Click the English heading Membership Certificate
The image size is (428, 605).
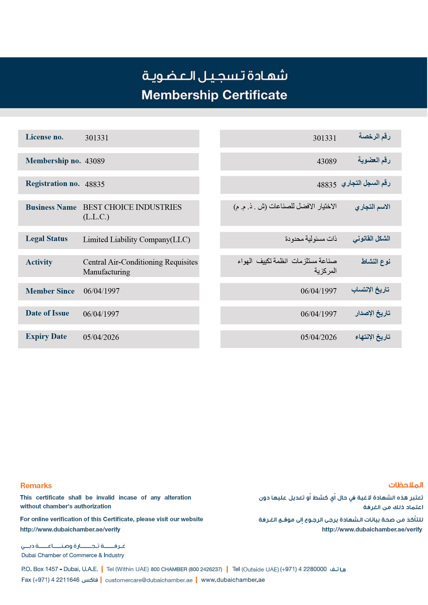pyautogui.click(x=214, y=95)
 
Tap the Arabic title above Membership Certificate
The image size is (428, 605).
pyautogui.click(x=215, y=76)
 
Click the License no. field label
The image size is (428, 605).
pyautogui.click(x=44, y=137)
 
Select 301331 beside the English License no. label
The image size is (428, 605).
pyautogui.click(x=97, y=138)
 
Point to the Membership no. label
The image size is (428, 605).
pyautogui.click(x=53, y=161)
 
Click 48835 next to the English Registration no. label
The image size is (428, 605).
pyautogui.click(x=95, y=184)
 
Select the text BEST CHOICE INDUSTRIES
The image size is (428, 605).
pyautogui.click(x=132, y=207)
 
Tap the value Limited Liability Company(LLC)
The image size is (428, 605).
pyautogui.click(x=136, y=240)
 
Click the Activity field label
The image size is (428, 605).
pyautogui.click(x=39, y=262)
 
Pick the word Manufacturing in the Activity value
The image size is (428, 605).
pyautogui.click(x=106, y=272)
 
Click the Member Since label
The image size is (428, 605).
pyautogui.click(x=50, y=291)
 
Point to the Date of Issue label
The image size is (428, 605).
pyautogui.click(x=47, y=313)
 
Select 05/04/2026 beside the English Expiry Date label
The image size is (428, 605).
pyautogui.click(x=101, y=337)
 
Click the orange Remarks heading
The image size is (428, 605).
pyautogui.click(x=36, y=486)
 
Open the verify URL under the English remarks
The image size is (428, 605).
pyautogui.click(x=70, y=529)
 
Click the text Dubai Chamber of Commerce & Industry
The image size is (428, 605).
pyautogui.click(x=72, y=555)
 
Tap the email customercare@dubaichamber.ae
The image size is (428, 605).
pyautogui.click(x=149, y=580)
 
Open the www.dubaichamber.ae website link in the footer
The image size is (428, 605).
pyautogui.click(x=233, y=580)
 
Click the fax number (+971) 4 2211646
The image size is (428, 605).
pyautogui.click(x=56, y=580)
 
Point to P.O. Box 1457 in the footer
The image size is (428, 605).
pyautogui.click(x=40, y=569)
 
